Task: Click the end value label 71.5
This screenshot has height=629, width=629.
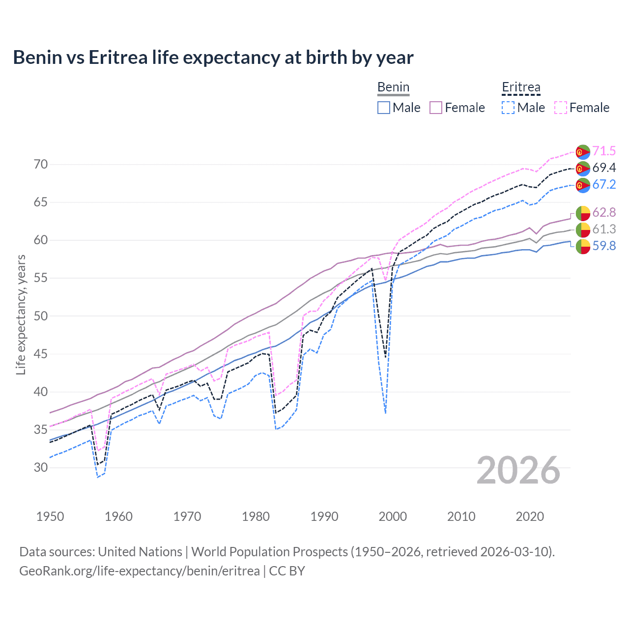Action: coord(604,151)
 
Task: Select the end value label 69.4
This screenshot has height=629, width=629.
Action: coord(604,168)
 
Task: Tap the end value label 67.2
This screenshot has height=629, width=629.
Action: coord(604,184)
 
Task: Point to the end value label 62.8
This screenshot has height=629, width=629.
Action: coord(604,212)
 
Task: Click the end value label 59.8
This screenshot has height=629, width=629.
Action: coord(604,246)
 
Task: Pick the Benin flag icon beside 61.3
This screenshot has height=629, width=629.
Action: coord(583,229)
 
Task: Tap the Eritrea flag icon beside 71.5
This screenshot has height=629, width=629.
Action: coord(583,151)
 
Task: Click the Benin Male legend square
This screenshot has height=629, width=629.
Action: coord(384,108)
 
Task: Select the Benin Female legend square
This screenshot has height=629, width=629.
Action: coord(436,108)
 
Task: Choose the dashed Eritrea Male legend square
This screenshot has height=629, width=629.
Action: coord(508,108)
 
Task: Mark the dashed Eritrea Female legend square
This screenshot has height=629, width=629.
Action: coord(561,108)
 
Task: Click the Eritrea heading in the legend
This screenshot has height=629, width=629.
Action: coord(521,87)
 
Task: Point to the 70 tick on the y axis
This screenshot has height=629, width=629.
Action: coord(41,164)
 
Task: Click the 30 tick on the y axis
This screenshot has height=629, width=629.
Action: coord(41,467)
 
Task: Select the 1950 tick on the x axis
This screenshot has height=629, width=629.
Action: coord(50,516)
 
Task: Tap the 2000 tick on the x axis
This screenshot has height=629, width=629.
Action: coord(393,516)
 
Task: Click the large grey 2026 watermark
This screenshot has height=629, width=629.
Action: coord(518,470)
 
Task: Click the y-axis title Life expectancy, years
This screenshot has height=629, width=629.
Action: coord(21,314)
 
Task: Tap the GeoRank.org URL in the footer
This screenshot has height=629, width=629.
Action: coord(139,571)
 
